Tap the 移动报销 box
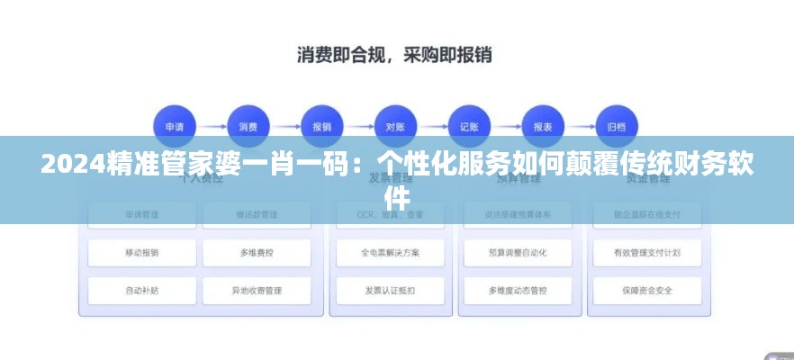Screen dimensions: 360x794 [142, 253]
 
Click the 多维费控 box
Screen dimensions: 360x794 [257, 253]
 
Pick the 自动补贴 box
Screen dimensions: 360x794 [142, 291]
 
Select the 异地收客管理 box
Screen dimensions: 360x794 [257, 291]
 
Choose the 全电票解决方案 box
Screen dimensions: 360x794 [390, 253]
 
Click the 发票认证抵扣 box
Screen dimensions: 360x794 [390, 291]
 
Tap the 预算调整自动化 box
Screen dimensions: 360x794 [518, 253]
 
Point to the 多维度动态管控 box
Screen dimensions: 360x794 [518, 291]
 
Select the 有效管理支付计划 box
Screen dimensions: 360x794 [645, 253]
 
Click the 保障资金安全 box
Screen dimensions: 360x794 [645, 291]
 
